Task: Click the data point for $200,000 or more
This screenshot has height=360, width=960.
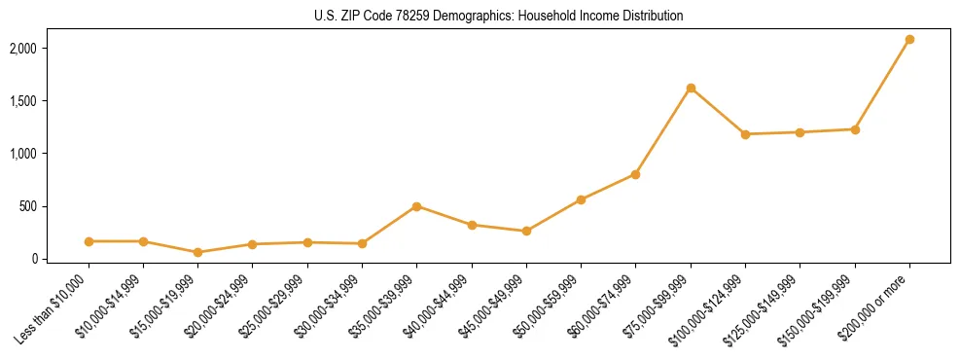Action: (x=909, y=39)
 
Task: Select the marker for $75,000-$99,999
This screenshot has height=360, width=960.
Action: (x=691, y=88)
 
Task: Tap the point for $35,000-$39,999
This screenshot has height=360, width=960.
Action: (x=416, y=206)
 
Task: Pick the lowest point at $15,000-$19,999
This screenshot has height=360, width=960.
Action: (x=197, y=252)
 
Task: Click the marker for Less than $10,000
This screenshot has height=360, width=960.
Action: (x=89, y=241)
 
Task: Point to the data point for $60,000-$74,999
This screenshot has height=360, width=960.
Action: (x=635, y=174)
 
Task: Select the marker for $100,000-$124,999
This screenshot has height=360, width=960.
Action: (x=745, y=134)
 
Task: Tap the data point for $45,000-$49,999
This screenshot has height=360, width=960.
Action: (x=526, y=231)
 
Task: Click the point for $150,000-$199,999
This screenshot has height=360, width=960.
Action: (x=855, y=129)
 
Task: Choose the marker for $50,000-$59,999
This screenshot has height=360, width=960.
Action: (x=581, y=199)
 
